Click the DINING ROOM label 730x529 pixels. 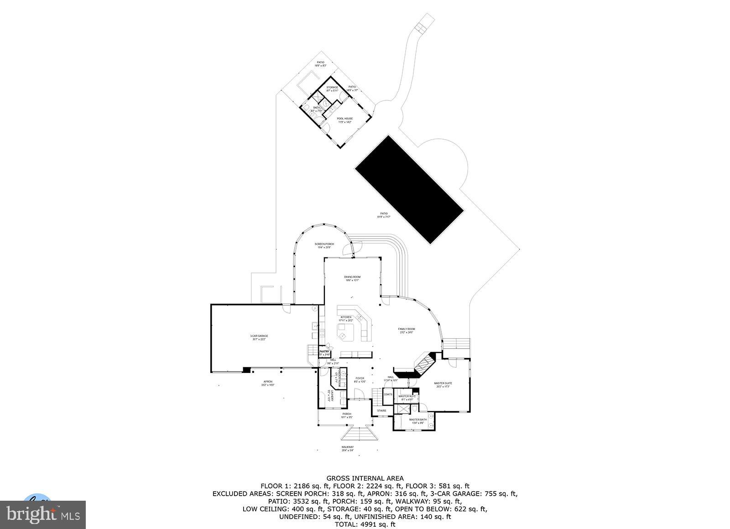click(x=352, y=277)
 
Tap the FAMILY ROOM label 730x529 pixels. click(x=406, y=329)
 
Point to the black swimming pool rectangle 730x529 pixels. click(x=409, y=189)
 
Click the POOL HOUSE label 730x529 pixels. click(x=345, y=119)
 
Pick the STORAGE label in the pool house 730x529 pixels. click(x=332, y=88)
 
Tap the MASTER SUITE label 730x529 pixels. click(x=443, y=383)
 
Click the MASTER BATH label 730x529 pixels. click(x=417, y=420)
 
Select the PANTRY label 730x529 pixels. click(x=324, y=351)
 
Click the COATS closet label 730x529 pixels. click(x=388, y=394)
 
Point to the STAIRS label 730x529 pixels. click(x=381, y=411)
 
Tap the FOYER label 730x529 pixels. click(x=360, y=378)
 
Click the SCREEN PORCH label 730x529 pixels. click(x=324, y=244)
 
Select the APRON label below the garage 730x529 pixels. click(x=268, y=382)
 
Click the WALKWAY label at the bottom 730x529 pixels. click(x=347, y=447)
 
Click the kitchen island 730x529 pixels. click(x=346, y=332)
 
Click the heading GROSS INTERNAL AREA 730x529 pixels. click(x=365, y=478)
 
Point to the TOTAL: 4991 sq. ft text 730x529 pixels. click(x=365, y=524)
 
